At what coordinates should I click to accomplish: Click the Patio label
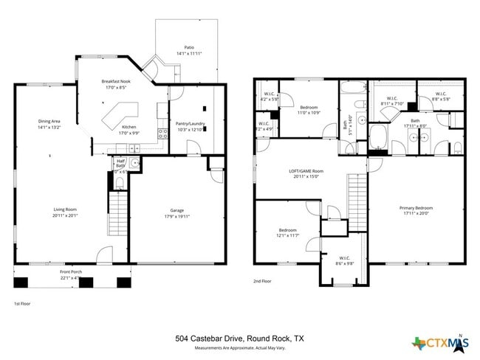click(188, 49)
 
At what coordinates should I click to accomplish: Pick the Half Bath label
click(120, 164)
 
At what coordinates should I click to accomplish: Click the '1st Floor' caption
click(22, 303)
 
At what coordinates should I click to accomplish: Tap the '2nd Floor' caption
click(262, 281)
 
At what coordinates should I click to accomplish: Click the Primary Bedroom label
click(416, 208)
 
